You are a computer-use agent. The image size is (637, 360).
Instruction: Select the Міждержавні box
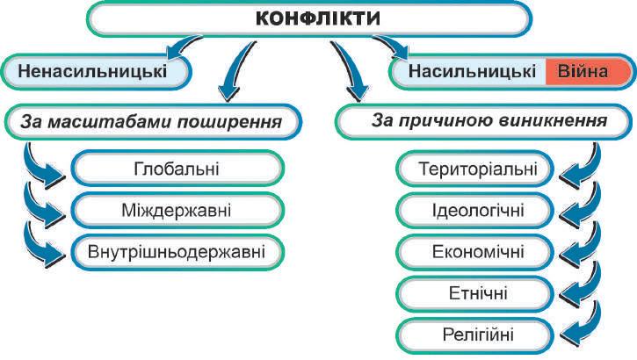click(177, 210)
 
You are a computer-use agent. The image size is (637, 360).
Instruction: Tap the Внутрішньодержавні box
click(177, 251)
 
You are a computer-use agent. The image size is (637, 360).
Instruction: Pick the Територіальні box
click(475, 168)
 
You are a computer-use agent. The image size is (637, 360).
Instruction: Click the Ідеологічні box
click(475, 210)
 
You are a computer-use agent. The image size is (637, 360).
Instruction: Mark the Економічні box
click(475, 251)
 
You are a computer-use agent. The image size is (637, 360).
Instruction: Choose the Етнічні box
click(475, 292)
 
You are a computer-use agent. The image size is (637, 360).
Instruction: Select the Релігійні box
click(475, 334)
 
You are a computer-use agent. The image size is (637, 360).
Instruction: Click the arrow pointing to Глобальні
click(44, 164)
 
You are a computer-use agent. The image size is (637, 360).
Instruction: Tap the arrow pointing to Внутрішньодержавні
click(44, 248)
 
